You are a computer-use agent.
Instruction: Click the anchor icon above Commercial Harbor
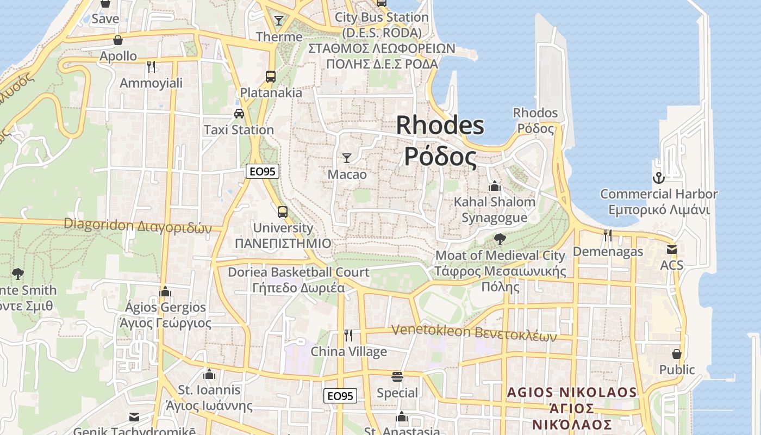tap(658, 178)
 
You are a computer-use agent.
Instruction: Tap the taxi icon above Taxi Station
tap(239, 114)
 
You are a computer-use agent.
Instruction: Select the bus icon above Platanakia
tap(271, 76)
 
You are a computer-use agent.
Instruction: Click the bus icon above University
tap(283, 212)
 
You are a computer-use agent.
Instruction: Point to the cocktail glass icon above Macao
tap(347, 158)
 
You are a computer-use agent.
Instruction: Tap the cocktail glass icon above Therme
tap(279, 21)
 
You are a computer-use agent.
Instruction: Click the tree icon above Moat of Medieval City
tap(500, 239)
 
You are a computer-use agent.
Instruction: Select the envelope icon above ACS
tap(672, 250)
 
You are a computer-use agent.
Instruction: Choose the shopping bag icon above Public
tap(677, 354)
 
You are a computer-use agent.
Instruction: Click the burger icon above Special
tap(397, 377)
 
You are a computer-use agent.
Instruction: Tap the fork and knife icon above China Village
tap(348, 335)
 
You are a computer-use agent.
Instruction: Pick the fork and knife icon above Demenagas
tap(608, 235)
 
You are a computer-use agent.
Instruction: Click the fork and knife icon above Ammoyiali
tap(151, 67)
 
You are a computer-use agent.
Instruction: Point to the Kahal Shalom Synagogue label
tap(495, 209)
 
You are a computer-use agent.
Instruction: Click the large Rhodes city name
tap(440, 141)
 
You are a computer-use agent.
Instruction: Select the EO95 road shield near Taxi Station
tap(263, 171)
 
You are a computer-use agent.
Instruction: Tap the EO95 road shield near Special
tap(340, 396)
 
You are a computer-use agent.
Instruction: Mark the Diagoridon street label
tap(138, 225)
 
